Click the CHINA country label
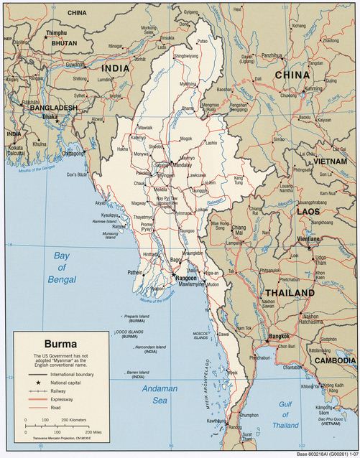pyautogui.click(x=292, y=74)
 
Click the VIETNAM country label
pyautogui.click(x=331, y=163)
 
